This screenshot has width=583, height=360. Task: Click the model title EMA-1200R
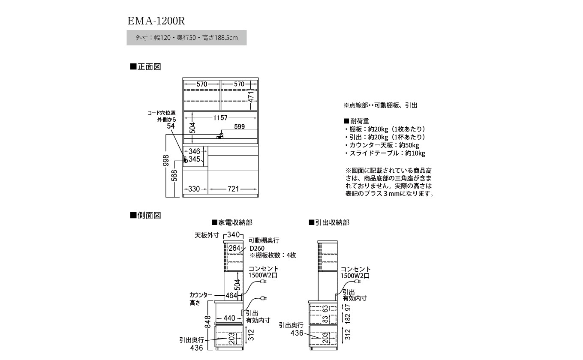point(156,21)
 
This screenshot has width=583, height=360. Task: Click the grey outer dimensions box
point(186,38)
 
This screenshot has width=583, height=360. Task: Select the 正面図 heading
point(146,66)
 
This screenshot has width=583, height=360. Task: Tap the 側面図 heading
point(146,215)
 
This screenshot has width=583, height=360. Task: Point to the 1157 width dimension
point(219,117)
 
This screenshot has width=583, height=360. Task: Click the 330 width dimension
point(195,189)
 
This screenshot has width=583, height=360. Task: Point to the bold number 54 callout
point(171,126)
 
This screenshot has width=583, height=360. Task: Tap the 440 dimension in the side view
point(230,318)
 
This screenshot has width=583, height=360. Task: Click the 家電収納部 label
point(232,222)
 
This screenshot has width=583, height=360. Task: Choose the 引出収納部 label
point(329,222)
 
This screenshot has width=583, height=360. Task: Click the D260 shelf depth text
point(257,248)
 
